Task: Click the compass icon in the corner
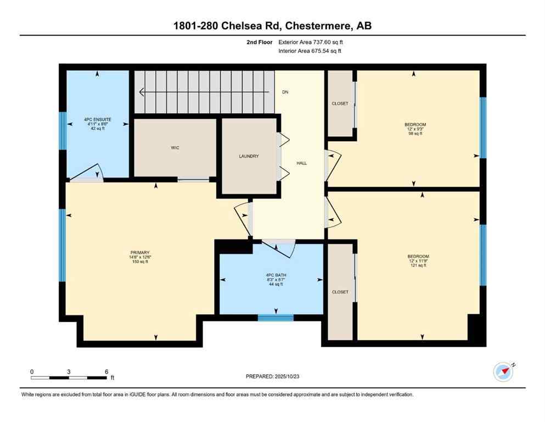click(x=503, y=372)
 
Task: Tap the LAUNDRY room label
click(x=249, y=156)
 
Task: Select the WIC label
click(x=175, y=147)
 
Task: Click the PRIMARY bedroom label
click(x=139, y=253)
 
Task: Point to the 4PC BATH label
click(x=272, y=275)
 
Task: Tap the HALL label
click(x=302, y=163)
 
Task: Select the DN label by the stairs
click(x=285, y=92)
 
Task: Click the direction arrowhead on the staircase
click(x=142, y=92)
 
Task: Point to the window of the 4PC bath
click(x=276, y=317)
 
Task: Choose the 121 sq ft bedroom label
click(x=418, y=257)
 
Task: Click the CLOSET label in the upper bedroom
click(x=340, y=103)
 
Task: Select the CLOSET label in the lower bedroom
click(x=340, y=292)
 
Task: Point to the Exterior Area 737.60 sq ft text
click(x=312, y=42)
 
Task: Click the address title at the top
click(x=272, y=26)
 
